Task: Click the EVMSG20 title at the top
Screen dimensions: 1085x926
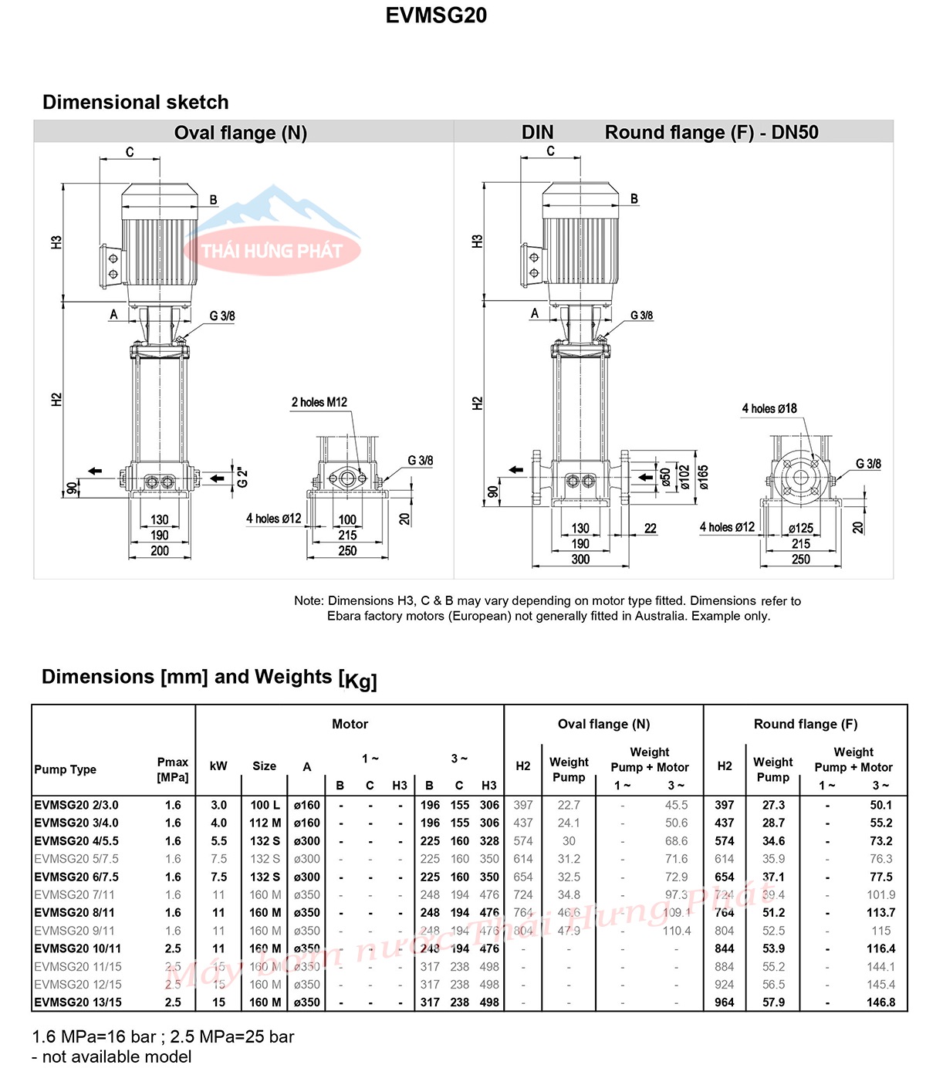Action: [x=436, y=15]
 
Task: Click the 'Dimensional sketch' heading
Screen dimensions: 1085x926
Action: [x=136, y=103]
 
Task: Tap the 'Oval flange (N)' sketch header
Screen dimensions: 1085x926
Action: [x=241, y=133]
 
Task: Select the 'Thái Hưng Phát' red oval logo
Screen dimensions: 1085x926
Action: [x=272, y=251]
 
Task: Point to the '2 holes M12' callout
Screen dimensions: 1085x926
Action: [x=319, y=402]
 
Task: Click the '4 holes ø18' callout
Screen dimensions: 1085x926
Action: [x=769, y=408]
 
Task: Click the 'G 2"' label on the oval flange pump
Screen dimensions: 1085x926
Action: [x=242, y=477]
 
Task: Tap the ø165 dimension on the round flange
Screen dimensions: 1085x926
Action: [x=704, y=477]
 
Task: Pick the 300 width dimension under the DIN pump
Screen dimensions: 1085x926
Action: [x=580, y=559]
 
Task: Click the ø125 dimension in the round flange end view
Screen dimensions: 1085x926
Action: [x=801, y=529]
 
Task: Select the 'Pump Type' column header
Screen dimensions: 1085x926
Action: [x=66, y=769]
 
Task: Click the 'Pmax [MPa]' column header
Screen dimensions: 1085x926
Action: [x=173, y=769]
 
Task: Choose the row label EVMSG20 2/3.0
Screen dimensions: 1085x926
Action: [x=76, y=805]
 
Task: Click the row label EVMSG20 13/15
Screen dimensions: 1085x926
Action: [x=78, y=1002]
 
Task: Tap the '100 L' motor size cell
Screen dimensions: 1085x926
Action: [x=265, y=805]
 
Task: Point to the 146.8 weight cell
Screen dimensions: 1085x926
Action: [x=880, y=1002]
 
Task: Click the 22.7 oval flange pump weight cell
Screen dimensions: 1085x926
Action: [x=569, y=805]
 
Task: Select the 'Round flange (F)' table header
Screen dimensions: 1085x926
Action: [x=806, y=724]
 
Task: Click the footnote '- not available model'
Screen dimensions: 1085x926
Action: [x=112, y=1057]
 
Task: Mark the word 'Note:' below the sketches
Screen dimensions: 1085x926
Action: [x=309, y=601]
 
